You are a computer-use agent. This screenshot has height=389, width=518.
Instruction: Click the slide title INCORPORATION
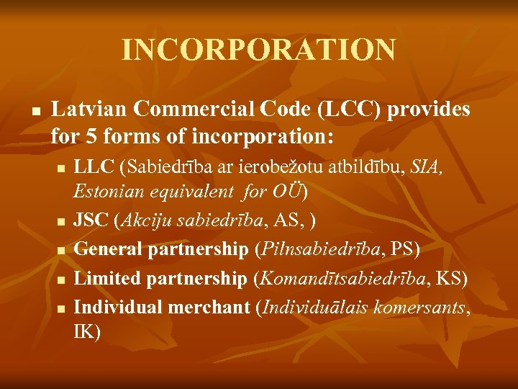point(258,50)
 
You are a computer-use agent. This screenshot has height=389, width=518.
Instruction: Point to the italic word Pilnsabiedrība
point(321,249)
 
